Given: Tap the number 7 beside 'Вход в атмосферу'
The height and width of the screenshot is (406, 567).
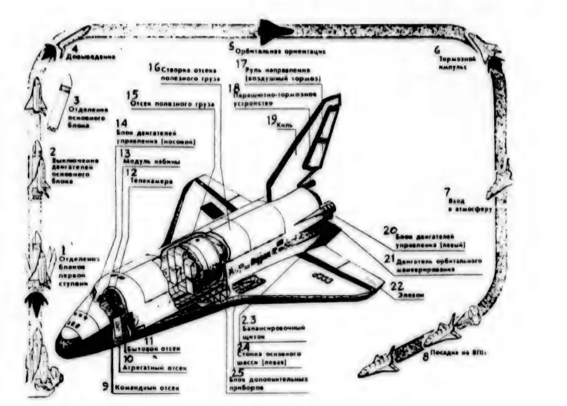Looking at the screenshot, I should point(446,191).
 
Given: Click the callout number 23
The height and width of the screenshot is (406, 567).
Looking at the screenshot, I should point(244,317).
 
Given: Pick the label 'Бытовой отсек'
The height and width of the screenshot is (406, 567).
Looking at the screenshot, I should point(158,349).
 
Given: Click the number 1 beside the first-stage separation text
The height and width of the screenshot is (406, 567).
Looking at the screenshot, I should point(62,248).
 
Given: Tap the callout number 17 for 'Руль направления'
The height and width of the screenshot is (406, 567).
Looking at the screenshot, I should point(241,63).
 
